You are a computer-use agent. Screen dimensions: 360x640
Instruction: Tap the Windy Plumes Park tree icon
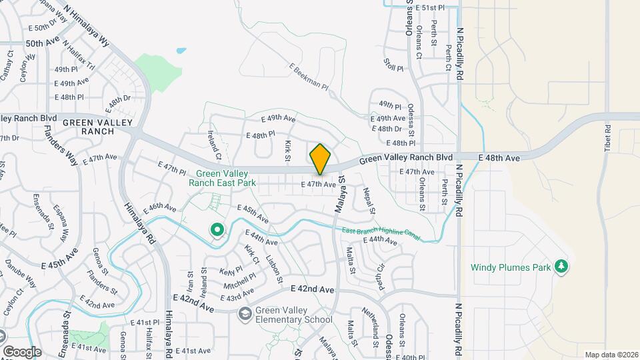562,267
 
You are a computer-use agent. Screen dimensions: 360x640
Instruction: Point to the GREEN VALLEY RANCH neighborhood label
89,127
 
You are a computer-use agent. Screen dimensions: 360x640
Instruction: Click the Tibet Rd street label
607,138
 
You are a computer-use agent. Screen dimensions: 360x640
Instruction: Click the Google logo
22,351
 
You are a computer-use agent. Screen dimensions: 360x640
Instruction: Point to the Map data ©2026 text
611,355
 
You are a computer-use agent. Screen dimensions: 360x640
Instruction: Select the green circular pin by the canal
217,230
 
